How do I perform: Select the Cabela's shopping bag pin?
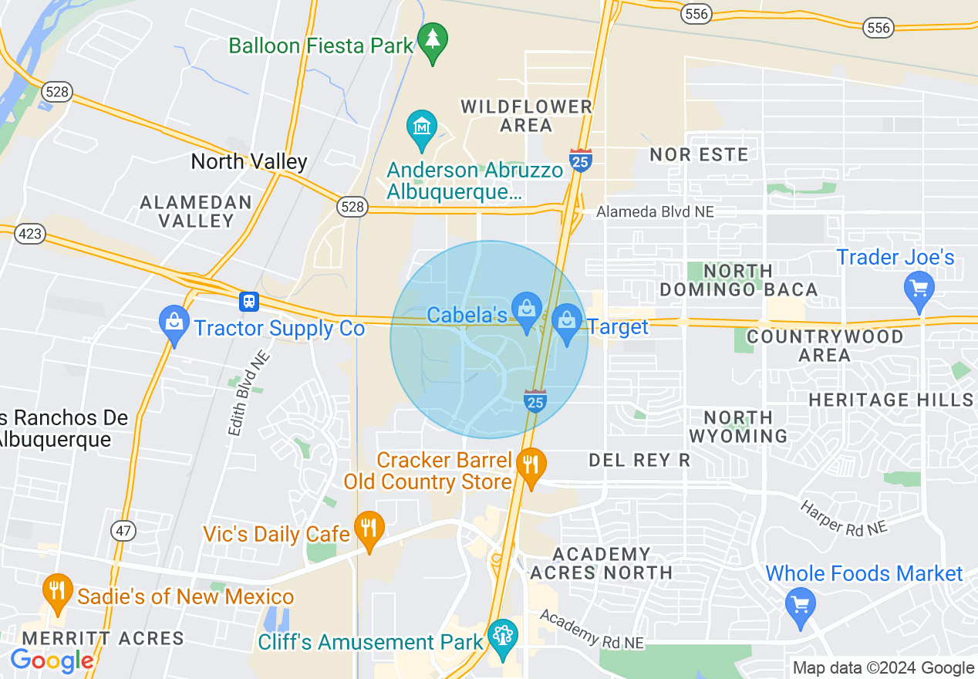(x=527, y=311)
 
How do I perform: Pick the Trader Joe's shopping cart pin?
(x=919, y=289)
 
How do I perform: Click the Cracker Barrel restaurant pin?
(x=531, y=465)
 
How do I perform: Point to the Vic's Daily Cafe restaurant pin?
(x=369, y=529)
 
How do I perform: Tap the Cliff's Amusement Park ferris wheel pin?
(x=503, y=637)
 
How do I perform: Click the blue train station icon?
(x=248, y=301)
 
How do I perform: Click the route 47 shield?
(x=123, y=531)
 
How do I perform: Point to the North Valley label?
(x=249, y=161)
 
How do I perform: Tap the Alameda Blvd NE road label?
(x=655, y=211)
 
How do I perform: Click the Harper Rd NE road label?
(x=843, y=518)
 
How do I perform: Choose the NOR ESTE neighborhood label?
(x=699, y=154)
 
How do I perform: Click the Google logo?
(x=52, y=660)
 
